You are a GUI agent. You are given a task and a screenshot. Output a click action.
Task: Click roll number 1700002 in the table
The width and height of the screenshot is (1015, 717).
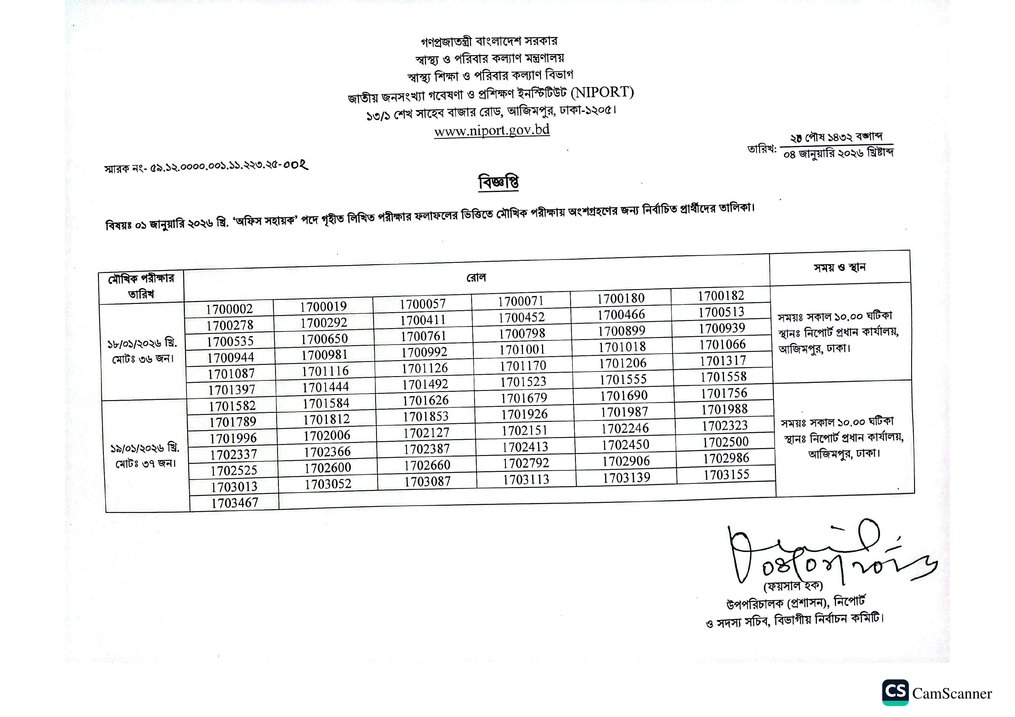(229, 309)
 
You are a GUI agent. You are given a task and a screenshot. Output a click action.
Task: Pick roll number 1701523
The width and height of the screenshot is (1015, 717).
(524, 382)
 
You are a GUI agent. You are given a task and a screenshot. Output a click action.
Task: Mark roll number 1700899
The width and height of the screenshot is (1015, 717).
(622, 331)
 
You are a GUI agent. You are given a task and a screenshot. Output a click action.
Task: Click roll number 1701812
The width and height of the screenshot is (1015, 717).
(326, 419)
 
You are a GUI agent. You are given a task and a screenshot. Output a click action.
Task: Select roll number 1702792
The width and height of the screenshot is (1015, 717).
(526, 463)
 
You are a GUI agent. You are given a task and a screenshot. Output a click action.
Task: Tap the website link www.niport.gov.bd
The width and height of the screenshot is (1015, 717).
(491, 130)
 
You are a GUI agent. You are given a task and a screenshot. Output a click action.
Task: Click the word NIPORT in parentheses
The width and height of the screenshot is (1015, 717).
(602, 92)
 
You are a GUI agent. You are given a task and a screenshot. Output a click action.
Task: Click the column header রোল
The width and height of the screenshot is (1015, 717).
(476, 278)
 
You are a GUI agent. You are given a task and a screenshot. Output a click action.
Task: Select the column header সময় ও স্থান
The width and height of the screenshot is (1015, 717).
(839, 267)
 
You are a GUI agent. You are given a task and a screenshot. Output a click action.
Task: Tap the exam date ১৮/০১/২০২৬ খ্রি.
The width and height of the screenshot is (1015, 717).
(142, 343)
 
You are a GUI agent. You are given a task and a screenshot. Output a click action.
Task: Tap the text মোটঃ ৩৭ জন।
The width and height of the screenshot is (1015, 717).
(146, 464)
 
